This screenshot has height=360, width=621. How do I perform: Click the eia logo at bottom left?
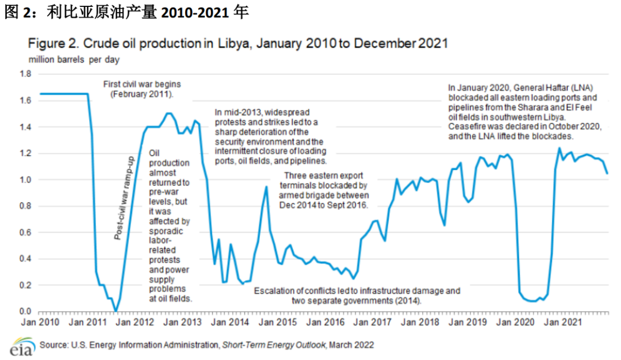click(x=20, y=347)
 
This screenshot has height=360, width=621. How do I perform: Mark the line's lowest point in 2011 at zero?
click(x=116, y=311)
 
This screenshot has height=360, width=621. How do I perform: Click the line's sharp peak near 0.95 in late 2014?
click(x=266, y=187)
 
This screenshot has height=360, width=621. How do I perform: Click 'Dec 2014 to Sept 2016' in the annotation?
click(x=324, y=205)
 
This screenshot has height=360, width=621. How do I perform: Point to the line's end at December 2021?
click(x=607, y=173)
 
